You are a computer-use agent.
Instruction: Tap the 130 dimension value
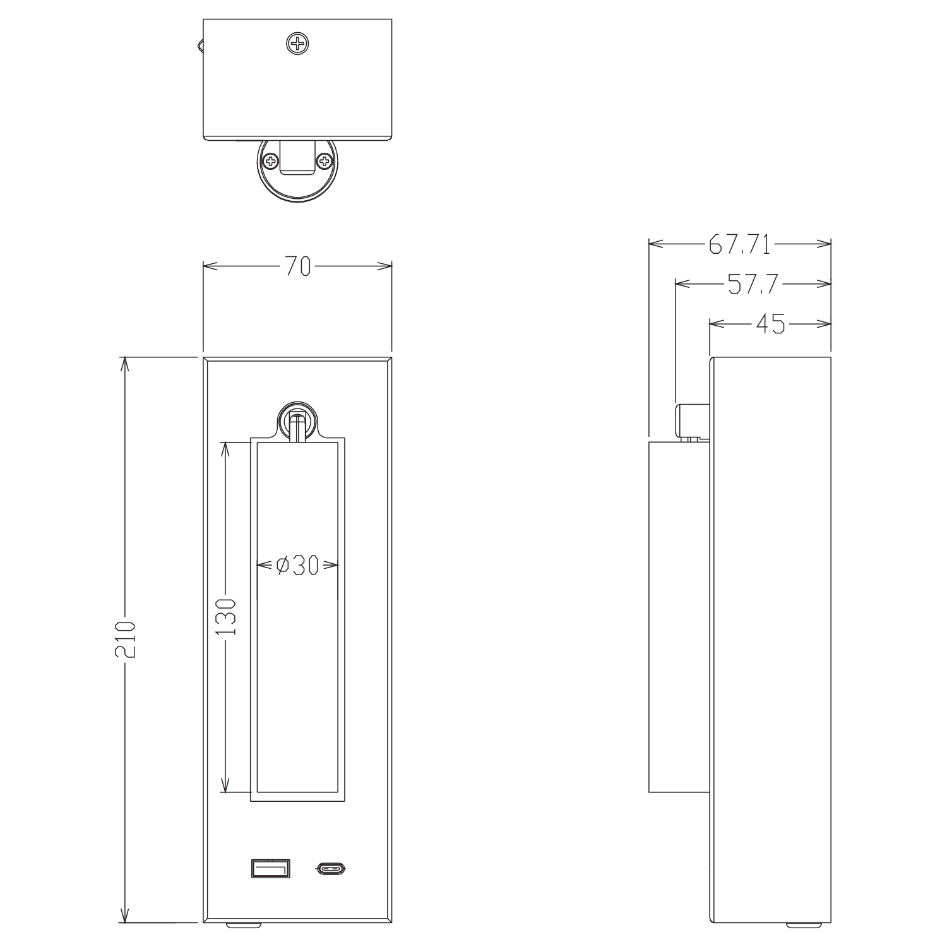click(225, 616)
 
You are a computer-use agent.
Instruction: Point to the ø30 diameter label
click(297, 566)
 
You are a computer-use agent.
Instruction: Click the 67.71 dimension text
click(739, 244)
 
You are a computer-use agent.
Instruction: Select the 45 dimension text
click(770, 325)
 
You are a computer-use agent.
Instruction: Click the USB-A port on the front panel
click(270, 869)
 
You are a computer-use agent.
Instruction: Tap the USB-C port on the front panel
click(331, 869)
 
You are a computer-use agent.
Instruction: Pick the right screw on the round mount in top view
click(325, 161)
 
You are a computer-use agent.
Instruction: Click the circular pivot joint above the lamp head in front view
click(297, 419)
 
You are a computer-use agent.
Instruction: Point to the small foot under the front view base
click(243, 926)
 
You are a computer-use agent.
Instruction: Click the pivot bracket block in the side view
click(691, 420)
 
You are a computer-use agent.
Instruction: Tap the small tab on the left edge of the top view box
click(200, 45)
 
